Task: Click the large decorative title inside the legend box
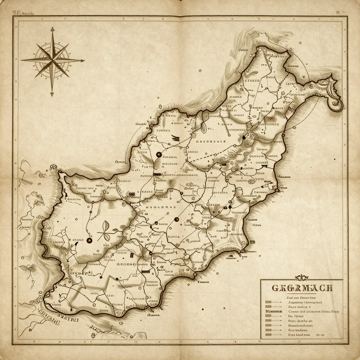[302, 288]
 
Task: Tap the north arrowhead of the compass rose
[52, 28]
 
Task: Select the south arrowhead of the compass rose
[52, 94]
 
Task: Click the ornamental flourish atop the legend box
[302, 277]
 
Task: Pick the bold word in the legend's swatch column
[273, 311]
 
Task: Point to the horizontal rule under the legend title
[302, 294]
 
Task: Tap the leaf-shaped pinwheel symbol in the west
[107, 231]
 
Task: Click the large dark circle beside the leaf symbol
[89, 241]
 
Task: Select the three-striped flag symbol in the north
[175, 139]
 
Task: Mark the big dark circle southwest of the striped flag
[159, 154]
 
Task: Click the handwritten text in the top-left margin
[24, 13]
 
